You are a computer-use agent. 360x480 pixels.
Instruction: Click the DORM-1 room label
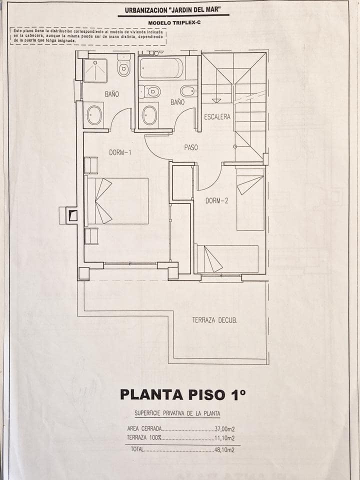[x=120, y=152]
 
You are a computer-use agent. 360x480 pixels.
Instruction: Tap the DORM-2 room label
[x=216, y=201]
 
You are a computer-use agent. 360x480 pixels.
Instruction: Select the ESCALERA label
[x=217, y=117]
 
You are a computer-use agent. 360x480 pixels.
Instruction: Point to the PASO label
[x=191, y=147]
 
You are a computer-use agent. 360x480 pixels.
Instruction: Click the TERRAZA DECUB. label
[x=214, y=320]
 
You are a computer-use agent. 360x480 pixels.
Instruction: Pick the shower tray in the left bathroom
[x=95, y=70]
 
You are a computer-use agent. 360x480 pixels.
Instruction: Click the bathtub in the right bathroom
[x=161, y=68]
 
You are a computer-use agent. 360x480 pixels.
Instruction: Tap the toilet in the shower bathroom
[x=124, y=67]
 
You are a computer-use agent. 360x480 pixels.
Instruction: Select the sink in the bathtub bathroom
[x=149, y=115]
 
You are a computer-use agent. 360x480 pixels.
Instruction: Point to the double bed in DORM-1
[x=117, y=200]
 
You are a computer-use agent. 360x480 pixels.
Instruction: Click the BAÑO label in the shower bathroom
[x=112, y=94]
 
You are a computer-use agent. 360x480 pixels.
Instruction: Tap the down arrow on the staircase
[x=216, y=100]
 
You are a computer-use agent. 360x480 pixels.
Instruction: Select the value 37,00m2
[x=224, y=429]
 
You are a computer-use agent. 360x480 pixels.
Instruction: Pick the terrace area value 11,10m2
[x=224, y=438]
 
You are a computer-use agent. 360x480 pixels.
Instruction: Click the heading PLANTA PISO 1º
[x=183, y=394]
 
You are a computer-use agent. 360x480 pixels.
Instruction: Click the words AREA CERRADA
[x=144, y=429]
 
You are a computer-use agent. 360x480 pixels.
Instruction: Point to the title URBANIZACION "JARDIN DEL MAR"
[x=173, y=9]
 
